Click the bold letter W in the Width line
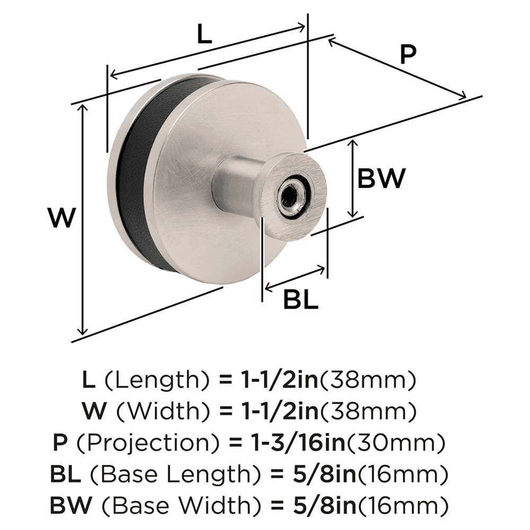[91, 411]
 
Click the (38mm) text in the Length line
[369, 380]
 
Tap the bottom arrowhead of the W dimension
[82, 329]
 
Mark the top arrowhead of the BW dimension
[352, 144]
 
